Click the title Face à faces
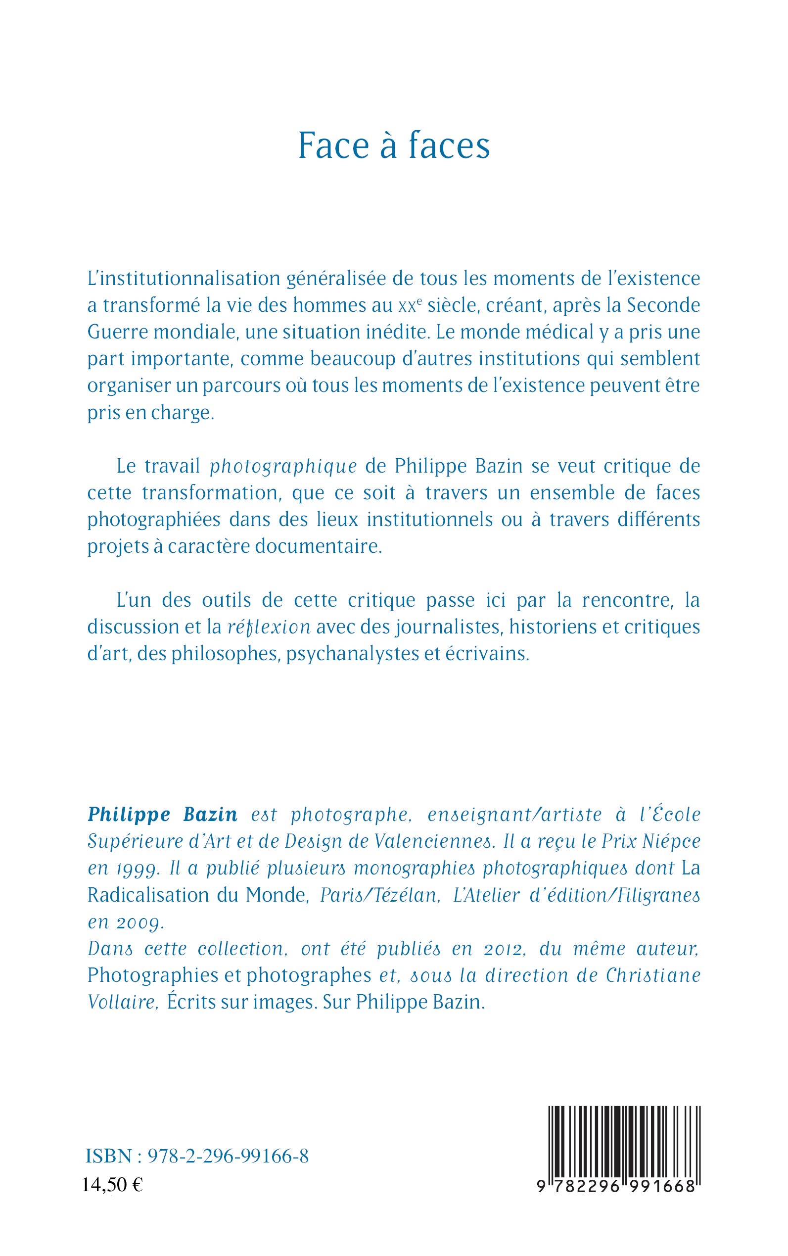click(x=394, y=145)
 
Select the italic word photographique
click(x=283, y=467)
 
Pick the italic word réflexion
click(x=269, y=627)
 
